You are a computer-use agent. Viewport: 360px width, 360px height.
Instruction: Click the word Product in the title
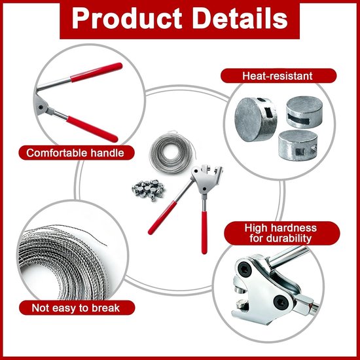127,18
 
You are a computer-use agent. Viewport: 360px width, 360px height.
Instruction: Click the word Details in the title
240,18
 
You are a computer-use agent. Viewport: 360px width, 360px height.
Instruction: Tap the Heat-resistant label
278,76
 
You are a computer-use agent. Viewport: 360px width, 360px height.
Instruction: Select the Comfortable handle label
76,153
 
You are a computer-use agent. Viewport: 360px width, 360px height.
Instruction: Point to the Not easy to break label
77,308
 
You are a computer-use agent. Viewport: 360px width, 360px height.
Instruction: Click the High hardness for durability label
281,233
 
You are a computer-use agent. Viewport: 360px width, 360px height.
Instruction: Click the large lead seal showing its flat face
255,119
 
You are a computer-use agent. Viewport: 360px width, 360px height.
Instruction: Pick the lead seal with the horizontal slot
304,112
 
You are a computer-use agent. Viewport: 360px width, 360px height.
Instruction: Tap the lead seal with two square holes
298,145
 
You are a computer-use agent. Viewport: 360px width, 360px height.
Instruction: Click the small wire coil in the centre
171,152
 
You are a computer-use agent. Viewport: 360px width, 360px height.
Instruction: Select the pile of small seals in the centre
149,190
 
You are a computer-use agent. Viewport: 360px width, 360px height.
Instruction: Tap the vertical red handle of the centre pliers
204,232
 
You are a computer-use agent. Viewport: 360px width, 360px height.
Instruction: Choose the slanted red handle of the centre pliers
162,217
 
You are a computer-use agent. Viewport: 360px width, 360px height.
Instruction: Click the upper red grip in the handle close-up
96,72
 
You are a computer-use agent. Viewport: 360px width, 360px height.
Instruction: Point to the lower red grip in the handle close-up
92,129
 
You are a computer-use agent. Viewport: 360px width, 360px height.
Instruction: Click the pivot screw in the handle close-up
41,107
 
